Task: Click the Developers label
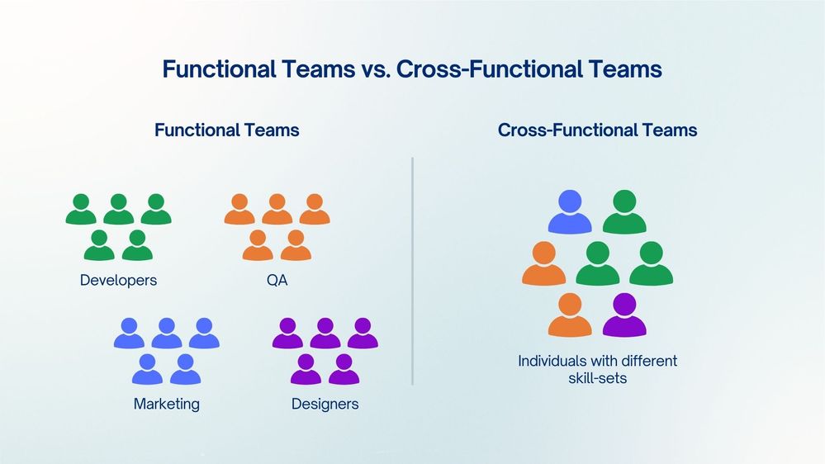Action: [118, 280]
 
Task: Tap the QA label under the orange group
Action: [277, 280]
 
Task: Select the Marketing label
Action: [166, 404]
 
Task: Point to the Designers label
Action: [325, 404]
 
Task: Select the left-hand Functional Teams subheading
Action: [226, 130]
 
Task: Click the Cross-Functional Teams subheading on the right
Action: [597, 130]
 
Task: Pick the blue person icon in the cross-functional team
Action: [570, 213]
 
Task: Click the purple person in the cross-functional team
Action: [624, 316]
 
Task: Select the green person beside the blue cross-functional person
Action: [624, 213]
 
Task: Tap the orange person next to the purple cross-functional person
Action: [570, 316]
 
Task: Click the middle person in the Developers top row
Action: [118, 211]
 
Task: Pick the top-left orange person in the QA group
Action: [239, 211]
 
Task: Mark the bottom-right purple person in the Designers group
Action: [344, 370]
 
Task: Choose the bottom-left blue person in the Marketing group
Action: [147, 370]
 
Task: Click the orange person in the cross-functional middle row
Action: [543, 264]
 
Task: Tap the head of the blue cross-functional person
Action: [570, 201]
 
